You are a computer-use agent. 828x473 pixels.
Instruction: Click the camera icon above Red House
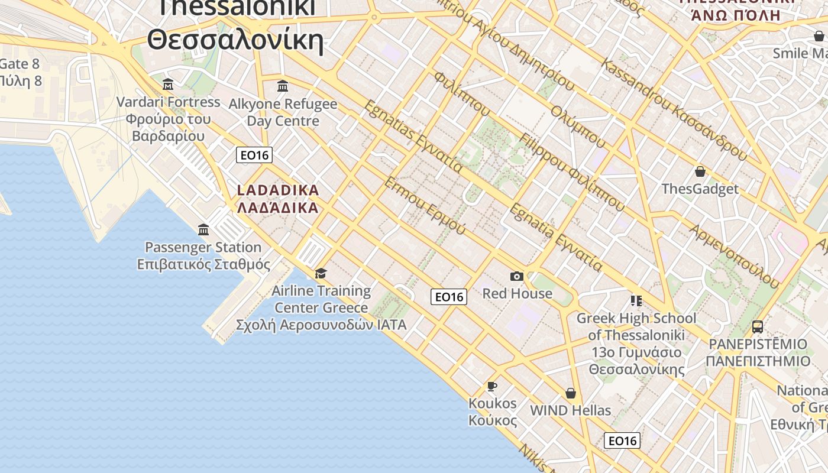point(517,276)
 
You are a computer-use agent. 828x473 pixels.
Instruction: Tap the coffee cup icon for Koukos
point(491,386)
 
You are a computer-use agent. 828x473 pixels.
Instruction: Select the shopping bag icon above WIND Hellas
point(571,393)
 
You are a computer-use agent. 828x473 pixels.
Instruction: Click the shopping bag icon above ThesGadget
point(700,171)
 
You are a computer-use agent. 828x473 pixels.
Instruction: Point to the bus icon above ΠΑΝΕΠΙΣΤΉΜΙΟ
point(757,326)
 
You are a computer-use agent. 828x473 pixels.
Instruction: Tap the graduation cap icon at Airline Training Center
point(321,273)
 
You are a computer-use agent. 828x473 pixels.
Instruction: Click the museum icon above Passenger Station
point(203,229)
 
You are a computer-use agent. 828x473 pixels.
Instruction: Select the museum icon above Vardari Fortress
point(168,84)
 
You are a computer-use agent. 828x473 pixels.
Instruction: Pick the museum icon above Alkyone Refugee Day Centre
point(283,86)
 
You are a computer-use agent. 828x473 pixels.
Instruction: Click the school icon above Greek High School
point(636,301)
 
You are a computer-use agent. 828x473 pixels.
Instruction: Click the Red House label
point(517,293)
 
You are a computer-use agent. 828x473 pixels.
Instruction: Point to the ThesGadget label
point(700,189)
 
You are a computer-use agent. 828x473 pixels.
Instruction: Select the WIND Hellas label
point(570,410)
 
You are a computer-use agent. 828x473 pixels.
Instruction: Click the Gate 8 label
point(19,64)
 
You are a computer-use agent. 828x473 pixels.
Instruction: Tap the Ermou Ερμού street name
point(425,205)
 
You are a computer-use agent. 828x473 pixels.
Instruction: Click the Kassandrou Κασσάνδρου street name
point(674,110)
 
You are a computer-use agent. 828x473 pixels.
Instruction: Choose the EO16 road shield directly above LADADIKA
point(254,155)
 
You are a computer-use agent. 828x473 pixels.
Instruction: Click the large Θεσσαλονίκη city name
point(235,40)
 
